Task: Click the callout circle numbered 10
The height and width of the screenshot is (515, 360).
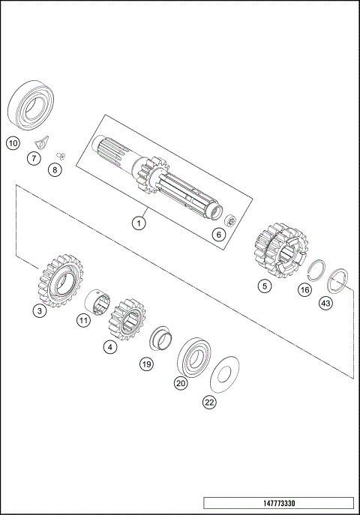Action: pos(13,142)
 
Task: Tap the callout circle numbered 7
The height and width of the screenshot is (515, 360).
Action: pos(34,158)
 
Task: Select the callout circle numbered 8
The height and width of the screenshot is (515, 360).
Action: pos(55,170)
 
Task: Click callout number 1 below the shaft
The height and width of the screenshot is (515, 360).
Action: pos(138,223)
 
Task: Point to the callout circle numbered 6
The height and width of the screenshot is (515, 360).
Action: pos(219,234)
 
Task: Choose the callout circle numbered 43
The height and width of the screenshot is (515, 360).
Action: pos(325,303)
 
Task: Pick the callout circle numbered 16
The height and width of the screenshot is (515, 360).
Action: pos(304,289)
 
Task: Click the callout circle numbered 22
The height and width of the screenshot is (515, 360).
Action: pos(209,403)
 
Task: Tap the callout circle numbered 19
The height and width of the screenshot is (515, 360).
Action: pos(147,364)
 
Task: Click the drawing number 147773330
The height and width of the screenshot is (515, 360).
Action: pos(278,503)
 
